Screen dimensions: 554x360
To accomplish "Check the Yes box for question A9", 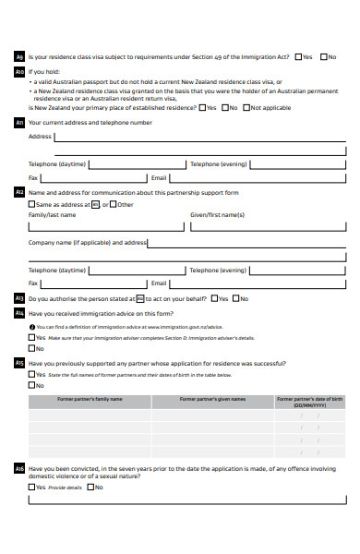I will [x=297, y=56].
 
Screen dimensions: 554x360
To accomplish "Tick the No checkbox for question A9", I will [x=323, y=56].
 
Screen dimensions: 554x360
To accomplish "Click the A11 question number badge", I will [x=19, y=122].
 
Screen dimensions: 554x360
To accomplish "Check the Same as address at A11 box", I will [x=32, y=204].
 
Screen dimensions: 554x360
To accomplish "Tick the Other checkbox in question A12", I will [x=114, y=204].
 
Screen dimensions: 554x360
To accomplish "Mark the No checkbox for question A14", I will [x=32, y=348].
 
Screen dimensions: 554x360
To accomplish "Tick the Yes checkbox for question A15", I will [x=32, y=375].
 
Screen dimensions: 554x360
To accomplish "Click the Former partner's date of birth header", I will [x=309, y=402].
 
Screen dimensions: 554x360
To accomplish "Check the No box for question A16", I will [x=91, y=487].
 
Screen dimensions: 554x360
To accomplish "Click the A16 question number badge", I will [x=19, y=469].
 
